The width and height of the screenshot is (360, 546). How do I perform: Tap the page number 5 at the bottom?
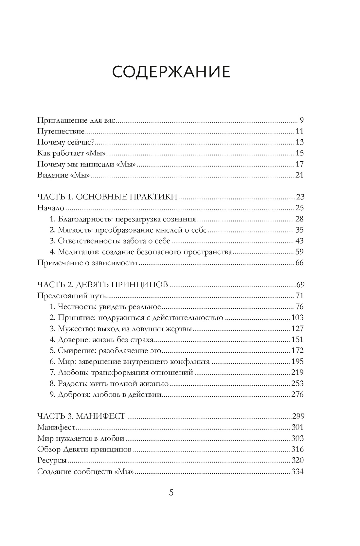click(x=171, y=493)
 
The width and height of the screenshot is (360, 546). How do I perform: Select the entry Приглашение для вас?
click(x=76, y=120)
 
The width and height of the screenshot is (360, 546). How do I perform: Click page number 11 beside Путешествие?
click(x=299, y=131)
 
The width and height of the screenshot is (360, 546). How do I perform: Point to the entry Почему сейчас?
click(x=65, y=142)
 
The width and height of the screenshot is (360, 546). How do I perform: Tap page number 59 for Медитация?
click(x=299, y=252)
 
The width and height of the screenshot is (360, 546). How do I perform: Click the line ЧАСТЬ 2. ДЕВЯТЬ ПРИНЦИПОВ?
click(x=103, y=285)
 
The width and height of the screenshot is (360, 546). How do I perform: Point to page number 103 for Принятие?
click(x=297, y=318)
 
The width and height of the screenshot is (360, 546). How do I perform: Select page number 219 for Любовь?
click(x=297, y=373)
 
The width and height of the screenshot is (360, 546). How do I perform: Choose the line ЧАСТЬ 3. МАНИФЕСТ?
click(x=81, y=416)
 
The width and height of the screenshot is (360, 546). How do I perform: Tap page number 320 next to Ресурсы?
click(x=297, y=460)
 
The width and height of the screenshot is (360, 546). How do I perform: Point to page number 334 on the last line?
click(x=297, y=471)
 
